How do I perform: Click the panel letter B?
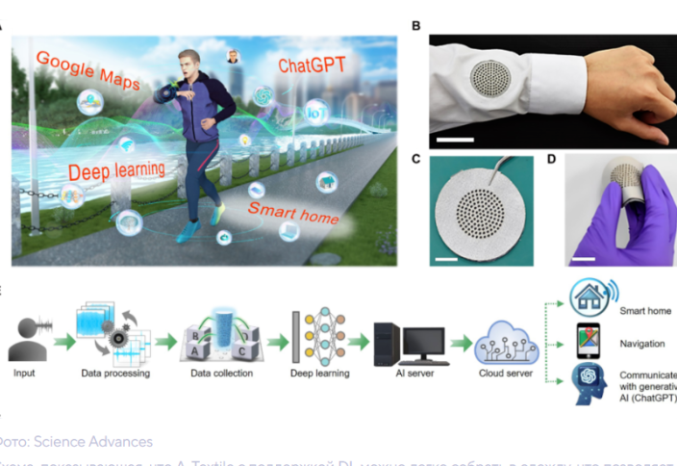(415, 26)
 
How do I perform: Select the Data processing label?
(114, 372)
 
